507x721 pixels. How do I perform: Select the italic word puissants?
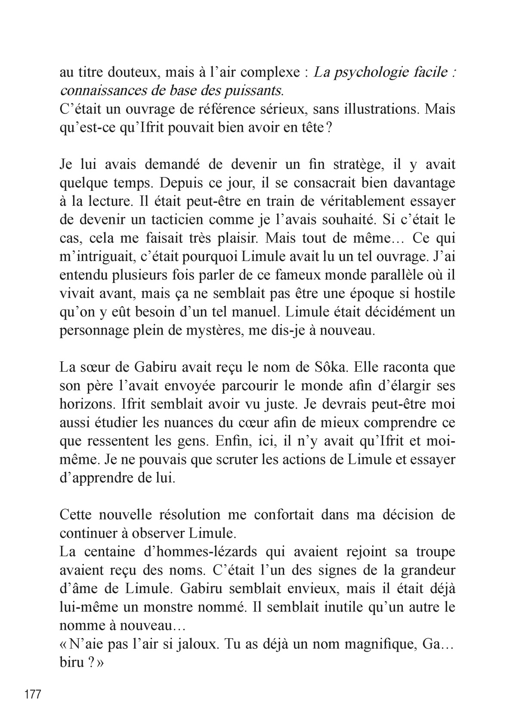[254, 91]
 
